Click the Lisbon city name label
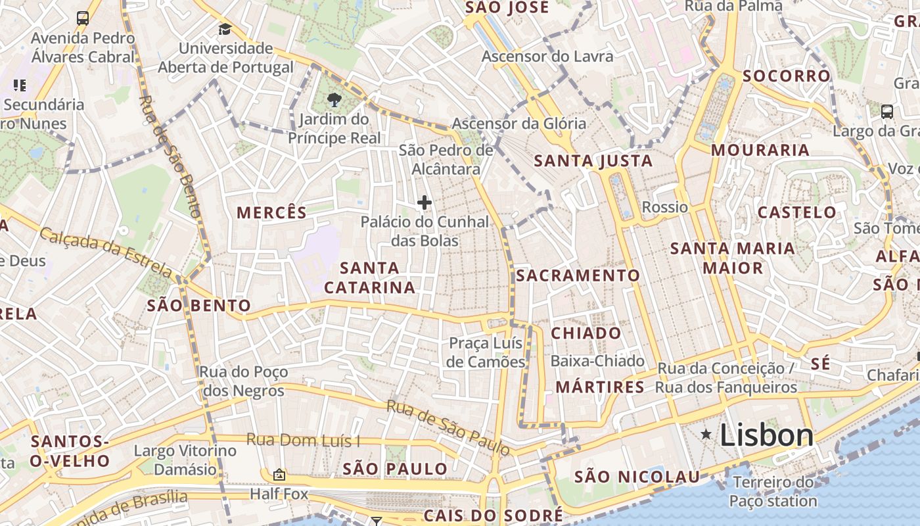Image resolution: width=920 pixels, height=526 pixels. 767,435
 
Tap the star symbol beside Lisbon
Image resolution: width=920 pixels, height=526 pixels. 706,434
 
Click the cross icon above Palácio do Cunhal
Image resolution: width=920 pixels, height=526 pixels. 425,203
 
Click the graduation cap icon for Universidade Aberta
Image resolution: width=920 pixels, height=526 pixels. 225,29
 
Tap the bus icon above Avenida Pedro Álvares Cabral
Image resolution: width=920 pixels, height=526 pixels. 83,18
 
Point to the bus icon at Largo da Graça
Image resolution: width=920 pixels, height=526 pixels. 886,111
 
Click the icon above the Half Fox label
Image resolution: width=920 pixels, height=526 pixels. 279,474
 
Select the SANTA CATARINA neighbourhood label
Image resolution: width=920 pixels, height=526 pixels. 370,277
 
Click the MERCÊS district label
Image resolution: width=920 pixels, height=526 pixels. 271,212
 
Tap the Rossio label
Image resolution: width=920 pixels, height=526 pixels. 665,207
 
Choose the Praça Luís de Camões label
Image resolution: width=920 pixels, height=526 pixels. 486,352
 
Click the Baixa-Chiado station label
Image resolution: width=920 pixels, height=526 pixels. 597,361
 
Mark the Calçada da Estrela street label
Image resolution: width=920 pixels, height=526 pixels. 106,252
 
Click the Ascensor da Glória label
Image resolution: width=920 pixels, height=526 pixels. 519,123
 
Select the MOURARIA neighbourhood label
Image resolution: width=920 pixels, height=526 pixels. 760,150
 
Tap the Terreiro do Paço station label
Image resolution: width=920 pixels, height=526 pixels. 773,491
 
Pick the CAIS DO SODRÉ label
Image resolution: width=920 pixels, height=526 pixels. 493,515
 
